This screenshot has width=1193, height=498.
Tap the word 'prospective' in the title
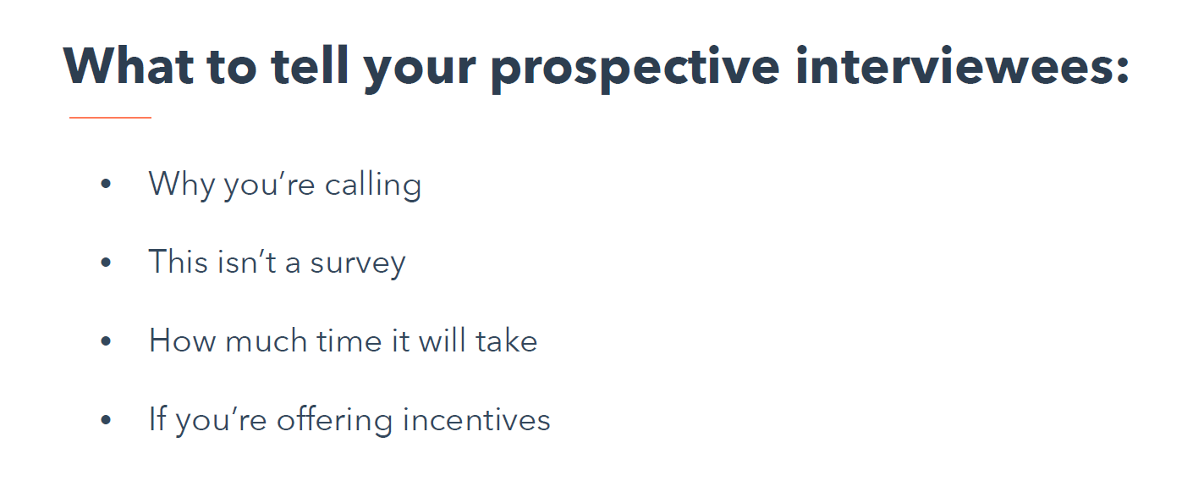tap(635, 69)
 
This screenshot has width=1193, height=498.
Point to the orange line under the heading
tap(110, 118)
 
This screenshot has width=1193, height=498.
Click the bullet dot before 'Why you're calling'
tap(106, 184)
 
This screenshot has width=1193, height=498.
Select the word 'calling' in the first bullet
tap(373, 185)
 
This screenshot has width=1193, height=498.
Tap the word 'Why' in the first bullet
tap(181, 185)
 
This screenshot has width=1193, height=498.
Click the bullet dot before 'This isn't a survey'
tap(106, 263)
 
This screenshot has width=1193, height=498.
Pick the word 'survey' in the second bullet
tap(358, 263)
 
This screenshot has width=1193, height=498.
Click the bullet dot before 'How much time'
tap(106, 340)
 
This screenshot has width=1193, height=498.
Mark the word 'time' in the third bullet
tap(349, 340)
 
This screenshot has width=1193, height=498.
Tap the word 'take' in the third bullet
tap(507, 340)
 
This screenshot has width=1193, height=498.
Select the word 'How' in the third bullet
tap(182, 340)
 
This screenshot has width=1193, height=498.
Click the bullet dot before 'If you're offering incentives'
tap(106, 419)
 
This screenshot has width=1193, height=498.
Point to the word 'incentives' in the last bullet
tap(476, 419)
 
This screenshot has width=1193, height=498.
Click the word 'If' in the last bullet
tap(157, 418)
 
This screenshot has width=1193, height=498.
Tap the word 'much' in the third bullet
tap(267, 340)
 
